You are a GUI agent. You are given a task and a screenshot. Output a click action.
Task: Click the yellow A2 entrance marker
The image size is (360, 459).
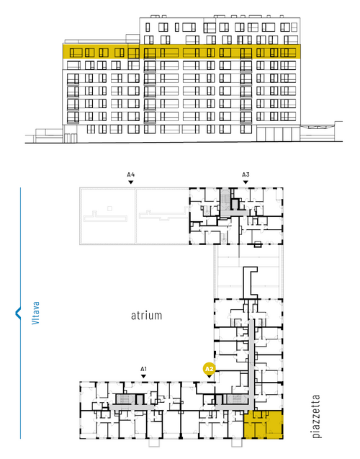pos(209,369)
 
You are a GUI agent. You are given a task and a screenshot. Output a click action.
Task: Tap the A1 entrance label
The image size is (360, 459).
pos(143,369)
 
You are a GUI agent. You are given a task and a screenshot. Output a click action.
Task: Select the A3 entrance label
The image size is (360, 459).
pos(246,175)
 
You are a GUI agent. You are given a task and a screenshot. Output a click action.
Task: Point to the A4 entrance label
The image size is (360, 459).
pos(131,175)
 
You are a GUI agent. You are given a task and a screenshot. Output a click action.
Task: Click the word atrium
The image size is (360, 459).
pos(146,316)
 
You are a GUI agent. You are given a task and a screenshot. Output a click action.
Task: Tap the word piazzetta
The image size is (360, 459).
pos(316,416)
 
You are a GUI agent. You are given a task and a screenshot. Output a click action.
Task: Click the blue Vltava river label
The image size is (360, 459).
pos(35,313)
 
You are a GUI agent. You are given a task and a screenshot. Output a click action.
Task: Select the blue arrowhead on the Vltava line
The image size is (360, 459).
pos(18,313)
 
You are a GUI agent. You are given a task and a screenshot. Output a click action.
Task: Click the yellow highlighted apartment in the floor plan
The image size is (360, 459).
pos(264,424)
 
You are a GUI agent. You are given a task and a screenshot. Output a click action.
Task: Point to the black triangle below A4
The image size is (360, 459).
pos(131,182)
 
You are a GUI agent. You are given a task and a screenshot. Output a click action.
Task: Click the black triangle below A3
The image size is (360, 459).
pos(246,182)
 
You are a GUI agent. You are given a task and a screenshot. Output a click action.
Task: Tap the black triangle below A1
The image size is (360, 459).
pos(143,376)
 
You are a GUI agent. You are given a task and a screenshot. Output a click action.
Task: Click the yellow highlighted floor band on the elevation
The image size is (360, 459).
pos(181,52)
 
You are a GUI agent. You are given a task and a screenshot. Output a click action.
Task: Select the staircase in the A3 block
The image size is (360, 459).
pos(225,198)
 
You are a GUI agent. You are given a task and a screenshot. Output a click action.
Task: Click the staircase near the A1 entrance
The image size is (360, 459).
pos(125,399)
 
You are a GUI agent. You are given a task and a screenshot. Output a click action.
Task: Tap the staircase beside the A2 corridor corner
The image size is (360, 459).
pos(235,399)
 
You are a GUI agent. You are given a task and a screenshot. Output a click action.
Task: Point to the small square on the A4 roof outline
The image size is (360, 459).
pos(109,208)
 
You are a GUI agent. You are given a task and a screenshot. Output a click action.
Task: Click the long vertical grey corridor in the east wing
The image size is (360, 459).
pos(251,363)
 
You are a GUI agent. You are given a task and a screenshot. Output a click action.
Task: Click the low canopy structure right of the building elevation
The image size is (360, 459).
pos(321,131)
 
